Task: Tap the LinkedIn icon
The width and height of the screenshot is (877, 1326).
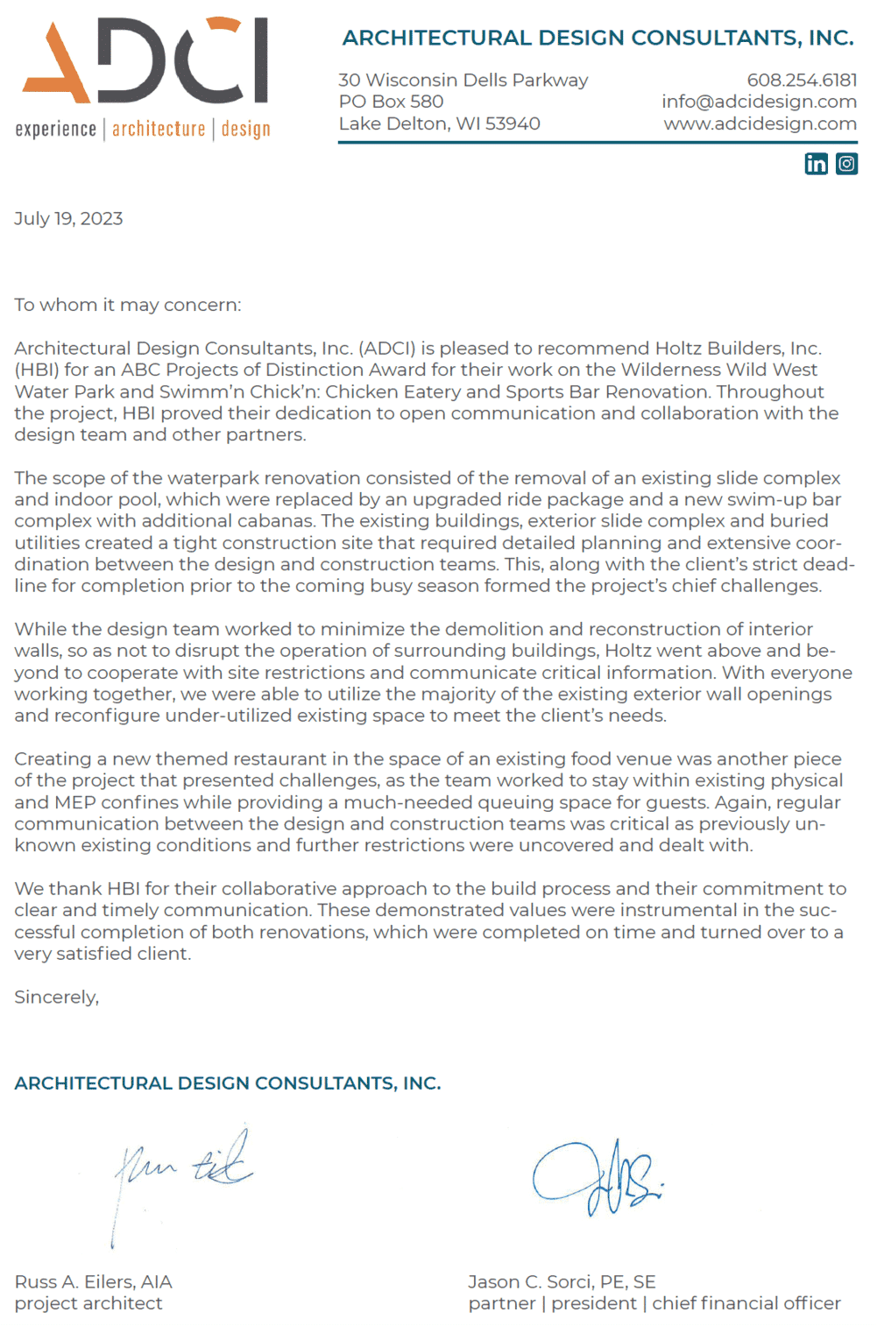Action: tap(816, 164)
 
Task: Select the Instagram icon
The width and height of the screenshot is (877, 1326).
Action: tap(846, 164)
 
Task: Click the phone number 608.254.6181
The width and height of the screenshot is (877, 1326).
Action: tap(802, 81)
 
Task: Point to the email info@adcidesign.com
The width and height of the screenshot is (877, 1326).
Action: tap(759, 102)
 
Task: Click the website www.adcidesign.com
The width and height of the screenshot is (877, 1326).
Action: tap(760, 123)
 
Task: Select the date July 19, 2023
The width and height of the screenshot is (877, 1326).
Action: tap(68, 219)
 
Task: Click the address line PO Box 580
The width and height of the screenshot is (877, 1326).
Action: tap(391, 102)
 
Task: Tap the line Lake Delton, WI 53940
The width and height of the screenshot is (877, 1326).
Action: tap(439, 123)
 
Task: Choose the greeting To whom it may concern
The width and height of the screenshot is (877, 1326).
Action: tap(127, 305)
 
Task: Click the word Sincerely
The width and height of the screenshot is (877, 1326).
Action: tap(56, 997)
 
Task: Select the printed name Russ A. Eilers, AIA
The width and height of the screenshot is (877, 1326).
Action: tap(93, 1281)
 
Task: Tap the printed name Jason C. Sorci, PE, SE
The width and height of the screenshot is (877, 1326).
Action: tap(562, 1281)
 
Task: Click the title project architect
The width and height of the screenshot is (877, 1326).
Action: tap(88, 1303)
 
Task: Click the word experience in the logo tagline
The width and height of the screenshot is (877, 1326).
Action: tap(56, 130)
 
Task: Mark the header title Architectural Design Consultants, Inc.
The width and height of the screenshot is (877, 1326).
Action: tap(598, 38)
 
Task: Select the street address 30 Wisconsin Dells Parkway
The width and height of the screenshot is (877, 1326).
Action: tap(463, 81)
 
